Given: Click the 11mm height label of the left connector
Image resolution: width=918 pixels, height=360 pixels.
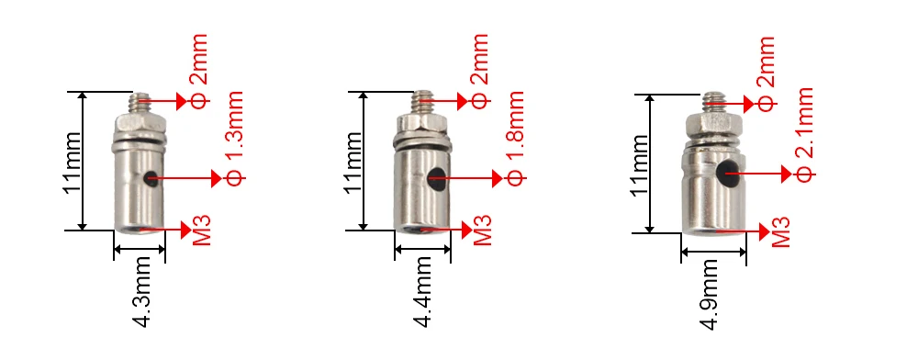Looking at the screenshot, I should [73, 161].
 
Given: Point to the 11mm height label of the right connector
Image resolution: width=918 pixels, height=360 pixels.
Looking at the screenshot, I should [640, 163].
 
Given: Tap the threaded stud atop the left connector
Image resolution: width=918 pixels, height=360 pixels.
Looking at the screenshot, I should [140, 99].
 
